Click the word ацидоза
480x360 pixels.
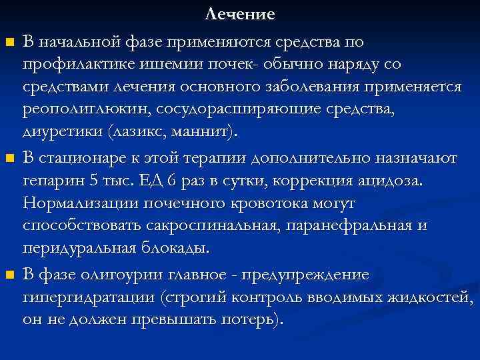[390, 181]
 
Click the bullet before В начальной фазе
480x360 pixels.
[9, 43]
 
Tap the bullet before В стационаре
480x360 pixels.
[9, 159]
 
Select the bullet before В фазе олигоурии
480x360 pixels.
[9, 274]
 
